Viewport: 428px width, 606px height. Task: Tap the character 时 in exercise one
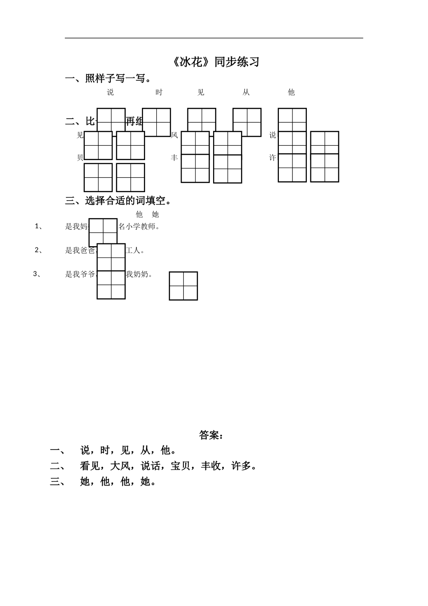click(x=159, y=92)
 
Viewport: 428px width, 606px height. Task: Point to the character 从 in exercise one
click(x=246, y=92)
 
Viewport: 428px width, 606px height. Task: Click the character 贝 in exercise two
click(x=80, y=158)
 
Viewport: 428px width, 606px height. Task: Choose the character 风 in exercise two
click(x=174, y=135)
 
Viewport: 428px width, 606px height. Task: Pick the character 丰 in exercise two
click(x=174, y=158)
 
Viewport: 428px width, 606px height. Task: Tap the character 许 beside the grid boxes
click(x=273, y=158)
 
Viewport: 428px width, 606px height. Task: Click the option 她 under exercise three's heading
click(x=155, y=215)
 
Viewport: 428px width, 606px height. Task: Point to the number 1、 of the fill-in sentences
click(x=39, y=226)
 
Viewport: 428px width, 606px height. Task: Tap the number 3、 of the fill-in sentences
click(x=37, y=274)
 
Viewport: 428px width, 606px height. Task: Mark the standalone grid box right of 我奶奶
click(x=183, y=286)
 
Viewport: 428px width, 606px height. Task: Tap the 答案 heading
click(x=211, y=435)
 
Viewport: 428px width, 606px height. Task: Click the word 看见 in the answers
click(x=90, y=466)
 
